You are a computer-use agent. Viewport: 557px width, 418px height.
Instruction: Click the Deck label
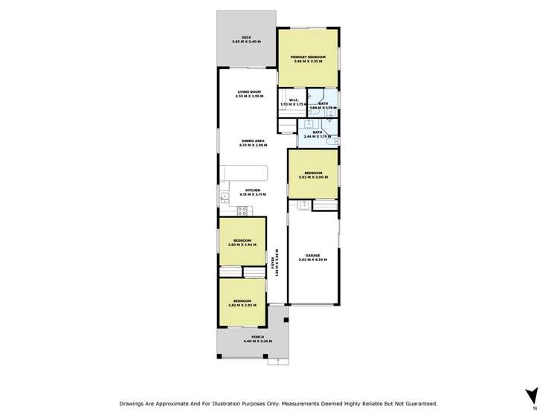(x=247, y=39)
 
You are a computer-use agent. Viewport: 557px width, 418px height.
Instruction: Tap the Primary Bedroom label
(x=308, y=59)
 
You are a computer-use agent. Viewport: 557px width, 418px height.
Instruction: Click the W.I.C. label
(x=289, y=103)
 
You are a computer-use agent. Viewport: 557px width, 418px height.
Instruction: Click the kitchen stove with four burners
(x=242, y=210)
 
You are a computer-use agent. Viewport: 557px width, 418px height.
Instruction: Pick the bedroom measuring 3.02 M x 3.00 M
(x=313, y=175)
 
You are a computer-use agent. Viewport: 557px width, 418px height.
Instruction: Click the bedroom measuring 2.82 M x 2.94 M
(x=242, y=242)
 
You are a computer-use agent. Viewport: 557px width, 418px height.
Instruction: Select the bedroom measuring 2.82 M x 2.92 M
(x=242, y=303)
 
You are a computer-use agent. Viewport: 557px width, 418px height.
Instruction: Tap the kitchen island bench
(x=251, y=176)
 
